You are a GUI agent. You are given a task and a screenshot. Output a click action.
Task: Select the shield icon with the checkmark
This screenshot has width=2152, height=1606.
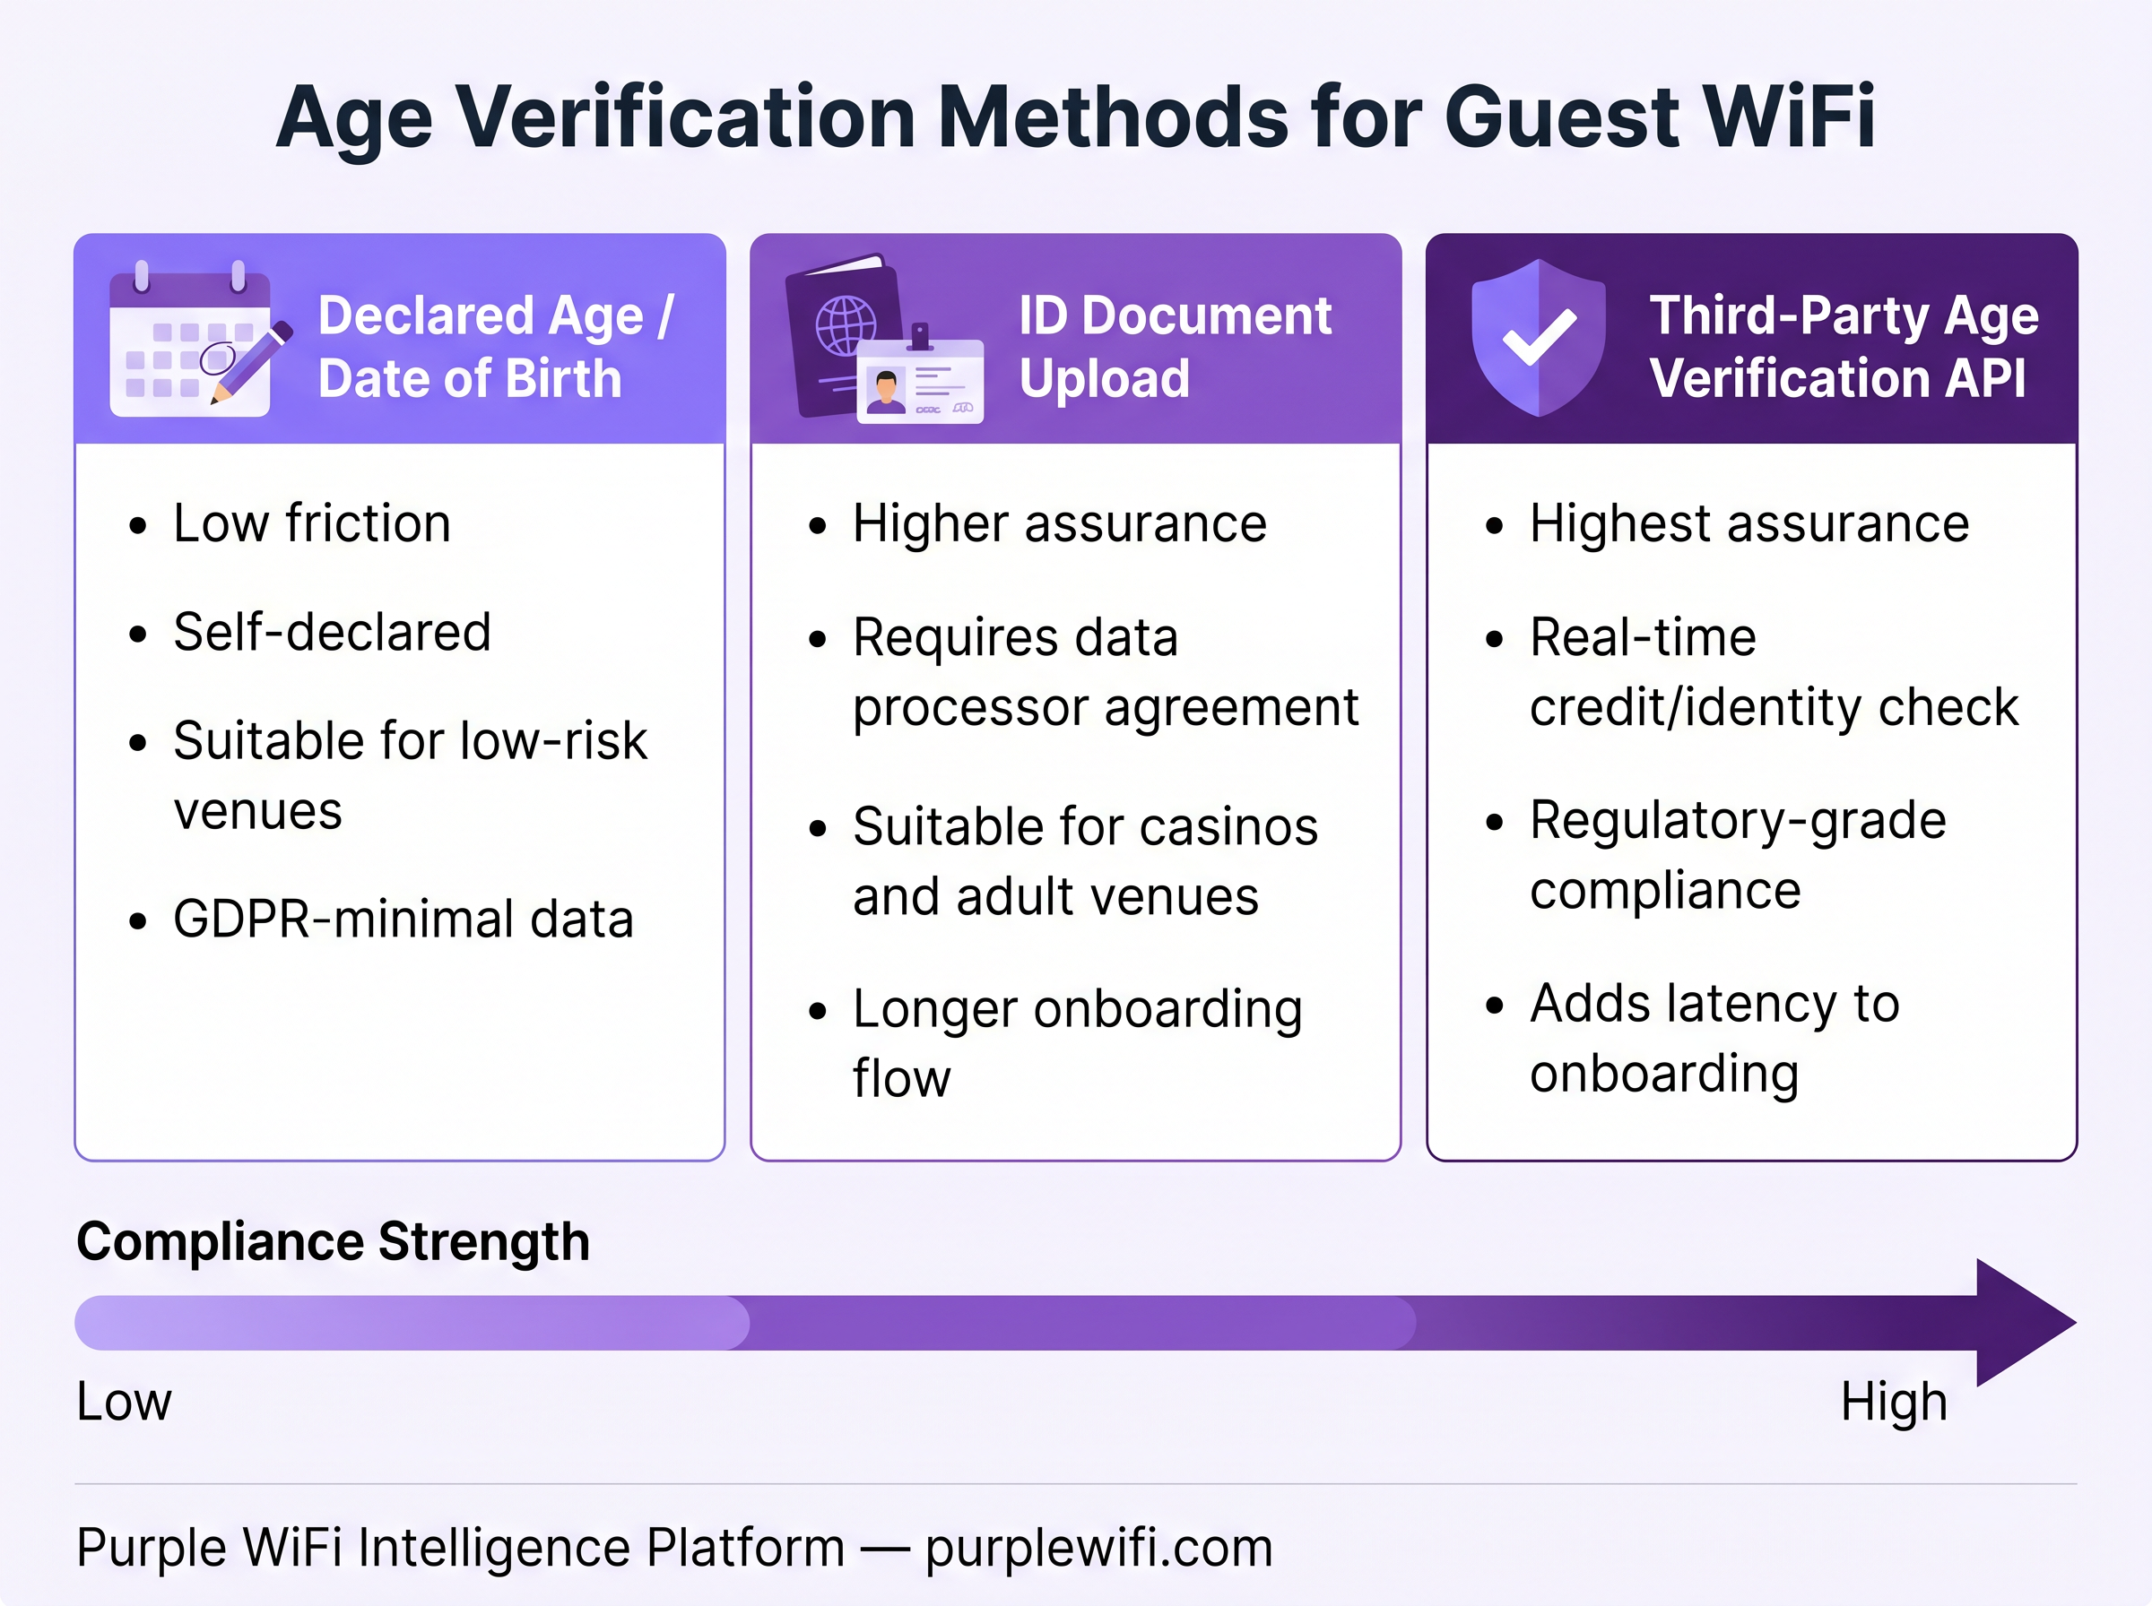pyautogui.click(x=1538, y=337)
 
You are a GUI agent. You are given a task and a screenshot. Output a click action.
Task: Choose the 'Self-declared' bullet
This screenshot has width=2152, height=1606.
pyautogui.click(x=332, y=632)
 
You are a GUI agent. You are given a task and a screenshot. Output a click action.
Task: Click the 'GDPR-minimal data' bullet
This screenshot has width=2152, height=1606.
pyautogui.click(x=403, y=919)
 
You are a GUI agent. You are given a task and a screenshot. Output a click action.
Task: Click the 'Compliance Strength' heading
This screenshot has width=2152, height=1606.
pyautogui.click(x=333, y=1241)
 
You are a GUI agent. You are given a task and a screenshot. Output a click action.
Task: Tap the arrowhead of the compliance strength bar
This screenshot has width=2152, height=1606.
pyautogui.click(x=2023, y=1322)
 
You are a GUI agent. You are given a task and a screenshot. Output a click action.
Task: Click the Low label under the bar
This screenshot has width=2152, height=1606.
pyautogui.click(x=124, y=1402)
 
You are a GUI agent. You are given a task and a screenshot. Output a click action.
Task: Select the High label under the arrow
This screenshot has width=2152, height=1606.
pyautogui.click(x=1894, y=1402)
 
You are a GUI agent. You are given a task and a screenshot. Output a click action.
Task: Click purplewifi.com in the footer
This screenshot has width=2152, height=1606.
pyautogui.click(x=1098, y=1548)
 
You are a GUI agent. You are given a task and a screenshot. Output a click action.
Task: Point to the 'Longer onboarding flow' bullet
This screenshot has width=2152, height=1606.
pyautogui.click(x=1077, y=1043)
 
